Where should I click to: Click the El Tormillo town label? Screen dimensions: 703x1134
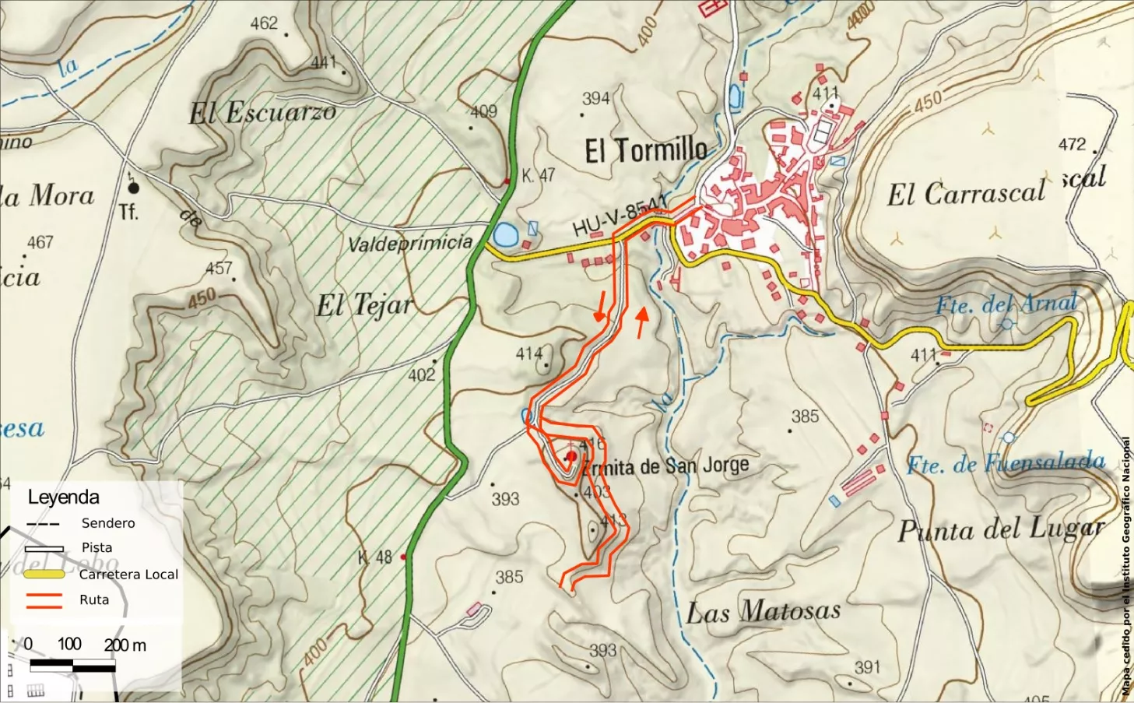coord(646,149)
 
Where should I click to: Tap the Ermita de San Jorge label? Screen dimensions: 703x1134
coord(665,466)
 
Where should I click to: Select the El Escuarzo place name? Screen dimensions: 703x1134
coord(262,114)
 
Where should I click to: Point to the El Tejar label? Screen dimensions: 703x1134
coord(363,305)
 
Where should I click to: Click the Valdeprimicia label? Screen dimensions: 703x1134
coord(409,244)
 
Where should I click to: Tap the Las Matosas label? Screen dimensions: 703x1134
coord(763,611)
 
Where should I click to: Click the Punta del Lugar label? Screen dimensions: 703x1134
coord(1001,530)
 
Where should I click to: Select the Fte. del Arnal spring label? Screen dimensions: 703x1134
coord(1006,304)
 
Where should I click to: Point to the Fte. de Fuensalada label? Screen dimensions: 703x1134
coord(1006,463)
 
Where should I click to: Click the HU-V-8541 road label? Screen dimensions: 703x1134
coord(620,216)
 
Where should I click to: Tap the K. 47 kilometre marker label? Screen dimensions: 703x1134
coord(538,176)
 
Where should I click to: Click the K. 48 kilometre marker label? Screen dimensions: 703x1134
coord(374,557)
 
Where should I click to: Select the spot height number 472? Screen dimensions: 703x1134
coord(1072,144)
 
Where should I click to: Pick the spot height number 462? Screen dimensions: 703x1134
coord(263,23)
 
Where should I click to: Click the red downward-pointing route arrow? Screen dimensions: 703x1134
coord(600,307)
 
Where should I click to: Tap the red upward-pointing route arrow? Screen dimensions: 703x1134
coord(641,322)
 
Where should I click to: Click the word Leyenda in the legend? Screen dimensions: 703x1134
coord(63,497)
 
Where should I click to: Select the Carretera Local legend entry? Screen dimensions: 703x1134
coord(128,575)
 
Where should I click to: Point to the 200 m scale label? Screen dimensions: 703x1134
coord(125,645)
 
